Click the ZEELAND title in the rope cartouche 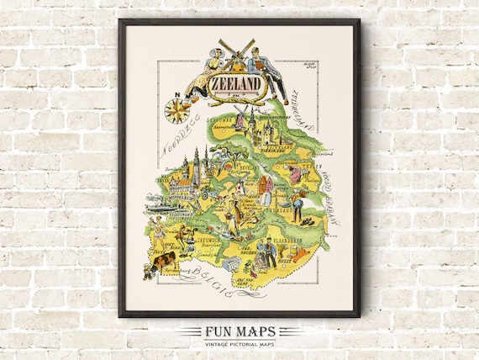click(x=236, y=86)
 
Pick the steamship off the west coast click(x=160, y=204)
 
